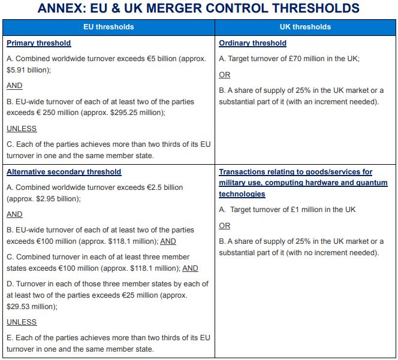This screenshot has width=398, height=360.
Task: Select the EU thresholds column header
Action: [x=108, y=27]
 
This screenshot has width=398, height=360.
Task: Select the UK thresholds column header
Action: [x=305, y=27]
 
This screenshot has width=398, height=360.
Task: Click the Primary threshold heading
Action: [x=39, y=43]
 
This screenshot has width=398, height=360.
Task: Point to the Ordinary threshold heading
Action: [x=252, y=43]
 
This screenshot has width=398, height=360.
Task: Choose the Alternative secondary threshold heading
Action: [x=64, y=172]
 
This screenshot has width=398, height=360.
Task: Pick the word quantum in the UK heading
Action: [x=372, y=183]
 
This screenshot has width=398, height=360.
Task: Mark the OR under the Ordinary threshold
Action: [x=225, y=75]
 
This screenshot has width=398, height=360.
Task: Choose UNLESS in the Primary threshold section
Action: [x=22, y=128]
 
